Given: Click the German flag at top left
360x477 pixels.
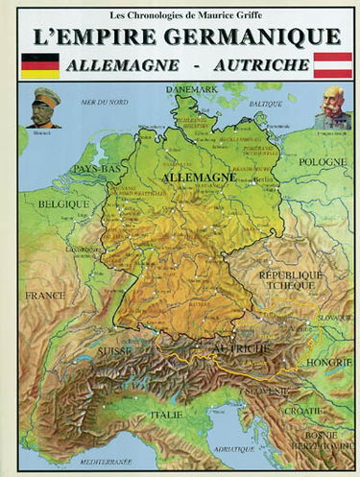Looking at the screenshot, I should coord(39,64).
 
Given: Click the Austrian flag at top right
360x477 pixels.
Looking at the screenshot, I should coord(334,64).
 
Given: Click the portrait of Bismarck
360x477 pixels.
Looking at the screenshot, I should coord(44,107).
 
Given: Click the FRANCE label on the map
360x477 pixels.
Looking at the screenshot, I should coord(46,297).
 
